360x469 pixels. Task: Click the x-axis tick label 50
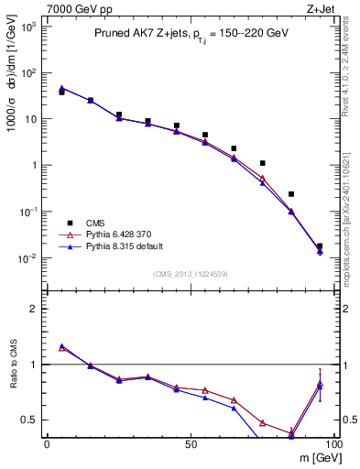pyautogui.click(x=190, y=444)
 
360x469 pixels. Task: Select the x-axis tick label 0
pyautogui.click(x=47, y=444)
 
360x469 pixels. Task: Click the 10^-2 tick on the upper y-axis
pyautogui.click(x=29, y=258)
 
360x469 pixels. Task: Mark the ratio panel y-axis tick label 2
pyautogui.click(x=34, y=309)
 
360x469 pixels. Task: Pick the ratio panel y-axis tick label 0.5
pyautogui.click(x=29, y=420)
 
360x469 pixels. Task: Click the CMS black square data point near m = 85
pyautogui.click(x=291, y=194)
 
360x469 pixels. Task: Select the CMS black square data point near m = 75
pyautogui.click(x=263, y=163)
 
